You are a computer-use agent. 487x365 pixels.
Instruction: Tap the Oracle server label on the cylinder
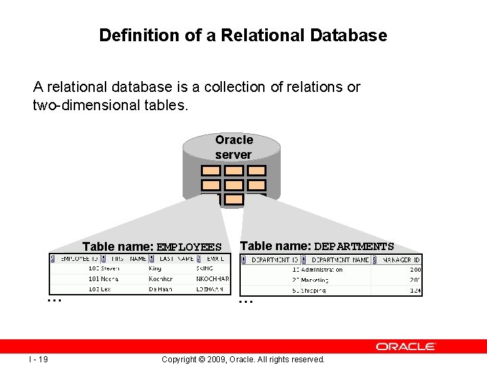coord(233,147)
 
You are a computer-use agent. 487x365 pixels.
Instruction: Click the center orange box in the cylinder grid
coord(233,185)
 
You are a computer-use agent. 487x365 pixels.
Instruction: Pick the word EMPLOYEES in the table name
coord(189,247)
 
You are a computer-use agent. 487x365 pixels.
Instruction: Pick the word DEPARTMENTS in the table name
coord(354,247)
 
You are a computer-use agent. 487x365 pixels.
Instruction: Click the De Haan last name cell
coord(161,289)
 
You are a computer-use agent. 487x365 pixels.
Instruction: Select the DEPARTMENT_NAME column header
coord(341,260)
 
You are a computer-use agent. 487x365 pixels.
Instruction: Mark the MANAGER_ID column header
coord(401,260)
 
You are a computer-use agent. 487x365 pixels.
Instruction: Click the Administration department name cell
coord(322,270)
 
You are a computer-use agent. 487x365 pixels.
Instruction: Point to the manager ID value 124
coord(415,290)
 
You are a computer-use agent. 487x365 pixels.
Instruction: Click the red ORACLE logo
coord(406,346)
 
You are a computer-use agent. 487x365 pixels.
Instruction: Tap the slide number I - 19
coord(38,359)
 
